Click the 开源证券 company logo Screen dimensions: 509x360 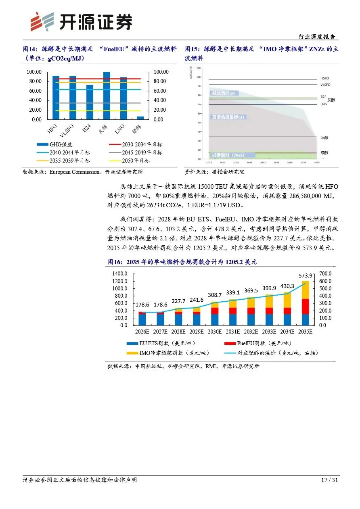pyautogui.click(x=81, y=21)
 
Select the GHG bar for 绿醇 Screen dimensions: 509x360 pyautogui.click(x=141, y=118)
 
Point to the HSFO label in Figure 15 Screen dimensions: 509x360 pyautogui.click(x=325, y=78)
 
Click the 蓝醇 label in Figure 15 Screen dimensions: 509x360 pyautogui.click(x=324, y=138)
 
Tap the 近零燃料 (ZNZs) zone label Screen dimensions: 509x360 pyautogui.click(x=228, y=155)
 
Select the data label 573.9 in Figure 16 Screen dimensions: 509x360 pyautogui.click(x=305, y=275)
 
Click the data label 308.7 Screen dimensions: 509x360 pyautogui.click(x=215, y=295)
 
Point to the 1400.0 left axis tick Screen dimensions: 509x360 pyautogui.click(x=121, y=274)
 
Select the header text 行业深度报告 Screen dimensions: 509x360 pyautogui.click(x=317, y=37)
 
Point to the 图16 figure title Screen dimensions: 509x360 pyautogui.click(x=182, y=262)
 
